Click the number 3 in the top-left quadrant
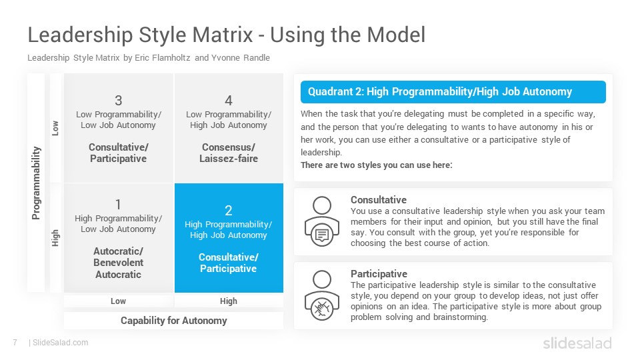pyautogui.click(x=119, y=101)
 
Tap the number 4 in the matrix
pyautogui.click(x=229, y=101)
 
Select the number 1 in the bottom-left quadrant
pyautogui.click(x=119, y=204)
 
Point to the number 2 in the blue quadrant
pyautogui.click(x=229, y=211)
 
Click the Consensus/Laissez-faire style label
pyautogui.click(x=229, y=153)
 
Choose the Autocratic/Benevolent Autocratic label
pyautogui.click(x=119, y=263)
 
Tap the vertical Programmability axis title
pyautogui.click(x=36, y=183)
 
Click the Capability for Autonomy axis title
pyautogui.click(x=174, y=321)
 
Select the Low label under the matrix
pyautogui.click(x=119, y=301)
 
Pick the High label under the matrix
pyautogui.click(x=229, y=301)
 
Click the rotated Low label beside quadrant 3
pyautogui.click(x=55, y=128)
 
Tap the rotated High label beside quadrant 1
pyautogui.click(x=55, y=238)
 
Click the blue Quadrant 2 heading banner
pyautogui.click(x=453, y=92)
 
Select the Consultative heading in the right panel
pyautogui.click(x=379, y=199)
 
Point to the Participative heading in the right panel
pyautogui.click(x=379, y=273)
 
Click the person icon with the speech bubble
pyautogui.click(x=322, y=221)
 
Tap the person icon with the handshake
pyautogui.click(x=322, y=295)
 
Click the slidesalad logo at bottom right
pyautogui.click(x=577, y=343)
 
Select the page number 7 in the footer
pyautogui.click(x=15, y=343)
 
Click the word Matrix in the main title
pyautogui.click(x=223, y=35)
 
